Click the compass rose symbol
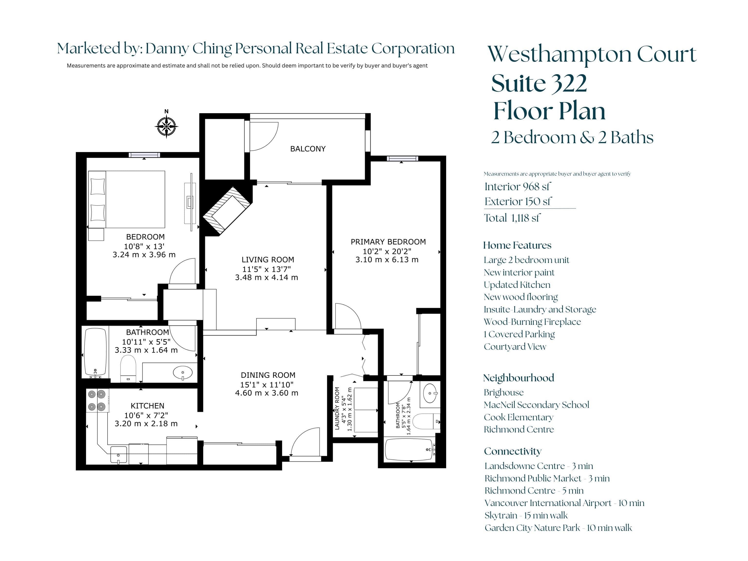[x=166, y=126]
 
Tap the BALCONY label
[x=308, y=149]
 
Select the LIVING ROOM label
[x=268, y=260]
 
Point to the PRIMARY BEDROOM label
[x=388, y=242]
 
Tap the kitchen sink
[x=119, y=455]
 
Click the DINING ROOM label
[x=268, y=375]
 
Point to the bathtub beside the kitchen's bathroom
[x=96, y=353]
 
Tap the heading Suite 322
[x=539, y=83]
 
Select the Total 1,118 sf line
[x=512, y=218]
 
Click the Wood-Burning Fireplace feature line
[x=532, y=322]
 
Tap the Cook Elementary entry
[x=518, y=417]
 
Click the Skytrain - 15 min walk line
[x=526, y=515]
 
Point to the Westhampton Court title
[x=592, y=54]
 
